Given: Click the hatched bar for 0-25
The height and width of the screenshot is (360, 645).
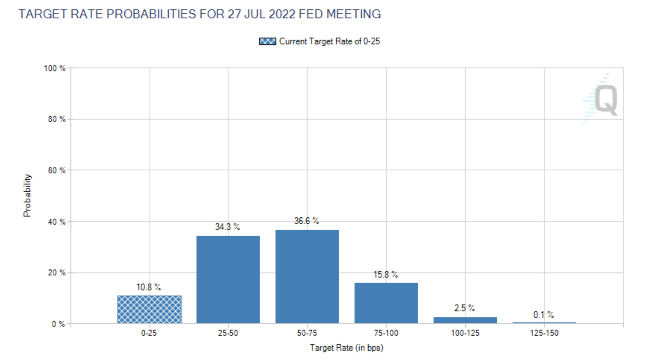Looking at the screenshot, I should pos(150,309).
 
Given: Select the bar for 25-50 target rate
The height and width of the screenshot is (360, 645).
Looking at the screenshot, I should pos(228,280).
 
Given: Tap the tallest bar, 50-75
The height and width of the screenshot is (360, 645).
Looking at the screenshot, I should pos(307,277).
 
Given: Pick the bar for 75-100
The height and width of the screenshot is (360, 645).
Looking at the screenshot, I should pos(386,303).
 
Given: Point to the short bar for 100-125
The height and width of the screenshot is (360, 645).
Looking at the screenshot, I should pos(465,320).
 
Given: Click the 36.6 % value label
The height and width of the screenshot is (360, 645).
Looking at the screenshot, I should pos(306,221).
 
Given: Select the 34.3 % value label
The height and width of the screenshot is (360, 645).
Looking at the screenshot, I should pos(227,227).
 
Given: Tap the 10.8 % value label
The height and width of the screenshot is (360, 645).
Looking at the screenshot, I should pos(148,287).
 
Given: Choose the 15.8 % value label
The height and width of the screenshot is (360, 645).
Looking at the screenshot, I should pos(386,275).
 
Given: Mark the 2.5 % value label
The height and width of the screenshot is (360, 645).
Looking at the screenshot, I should pos(464,308).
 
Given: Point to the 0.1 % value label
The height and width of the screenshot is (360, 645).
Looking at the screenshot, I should pos(543,315).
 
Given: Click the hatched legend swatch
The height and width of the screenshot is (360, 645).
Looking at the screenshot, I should pos(267,41).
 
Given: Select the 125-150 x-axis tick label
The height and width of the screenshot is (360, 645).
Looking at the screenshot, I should pos(544,333).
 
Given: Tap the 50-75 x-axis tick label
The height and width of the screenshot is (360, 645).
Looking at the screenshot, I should pos(307,333).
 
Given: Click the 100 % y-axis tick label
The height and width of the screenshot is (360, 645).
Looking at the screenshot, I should pos(54,69).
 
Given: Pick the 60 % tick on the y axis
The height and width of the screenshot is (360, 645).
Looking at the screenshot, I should pos(57,171).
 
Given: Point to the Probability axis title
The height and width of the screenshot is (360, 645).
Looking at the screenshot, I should pos(27,195).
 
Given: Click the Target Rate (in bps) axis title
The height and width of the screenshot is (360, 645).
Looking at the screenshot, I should pos(346,348).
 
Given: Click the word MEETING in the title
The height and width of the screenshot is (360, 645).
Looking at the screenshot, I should pos(353,14).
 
